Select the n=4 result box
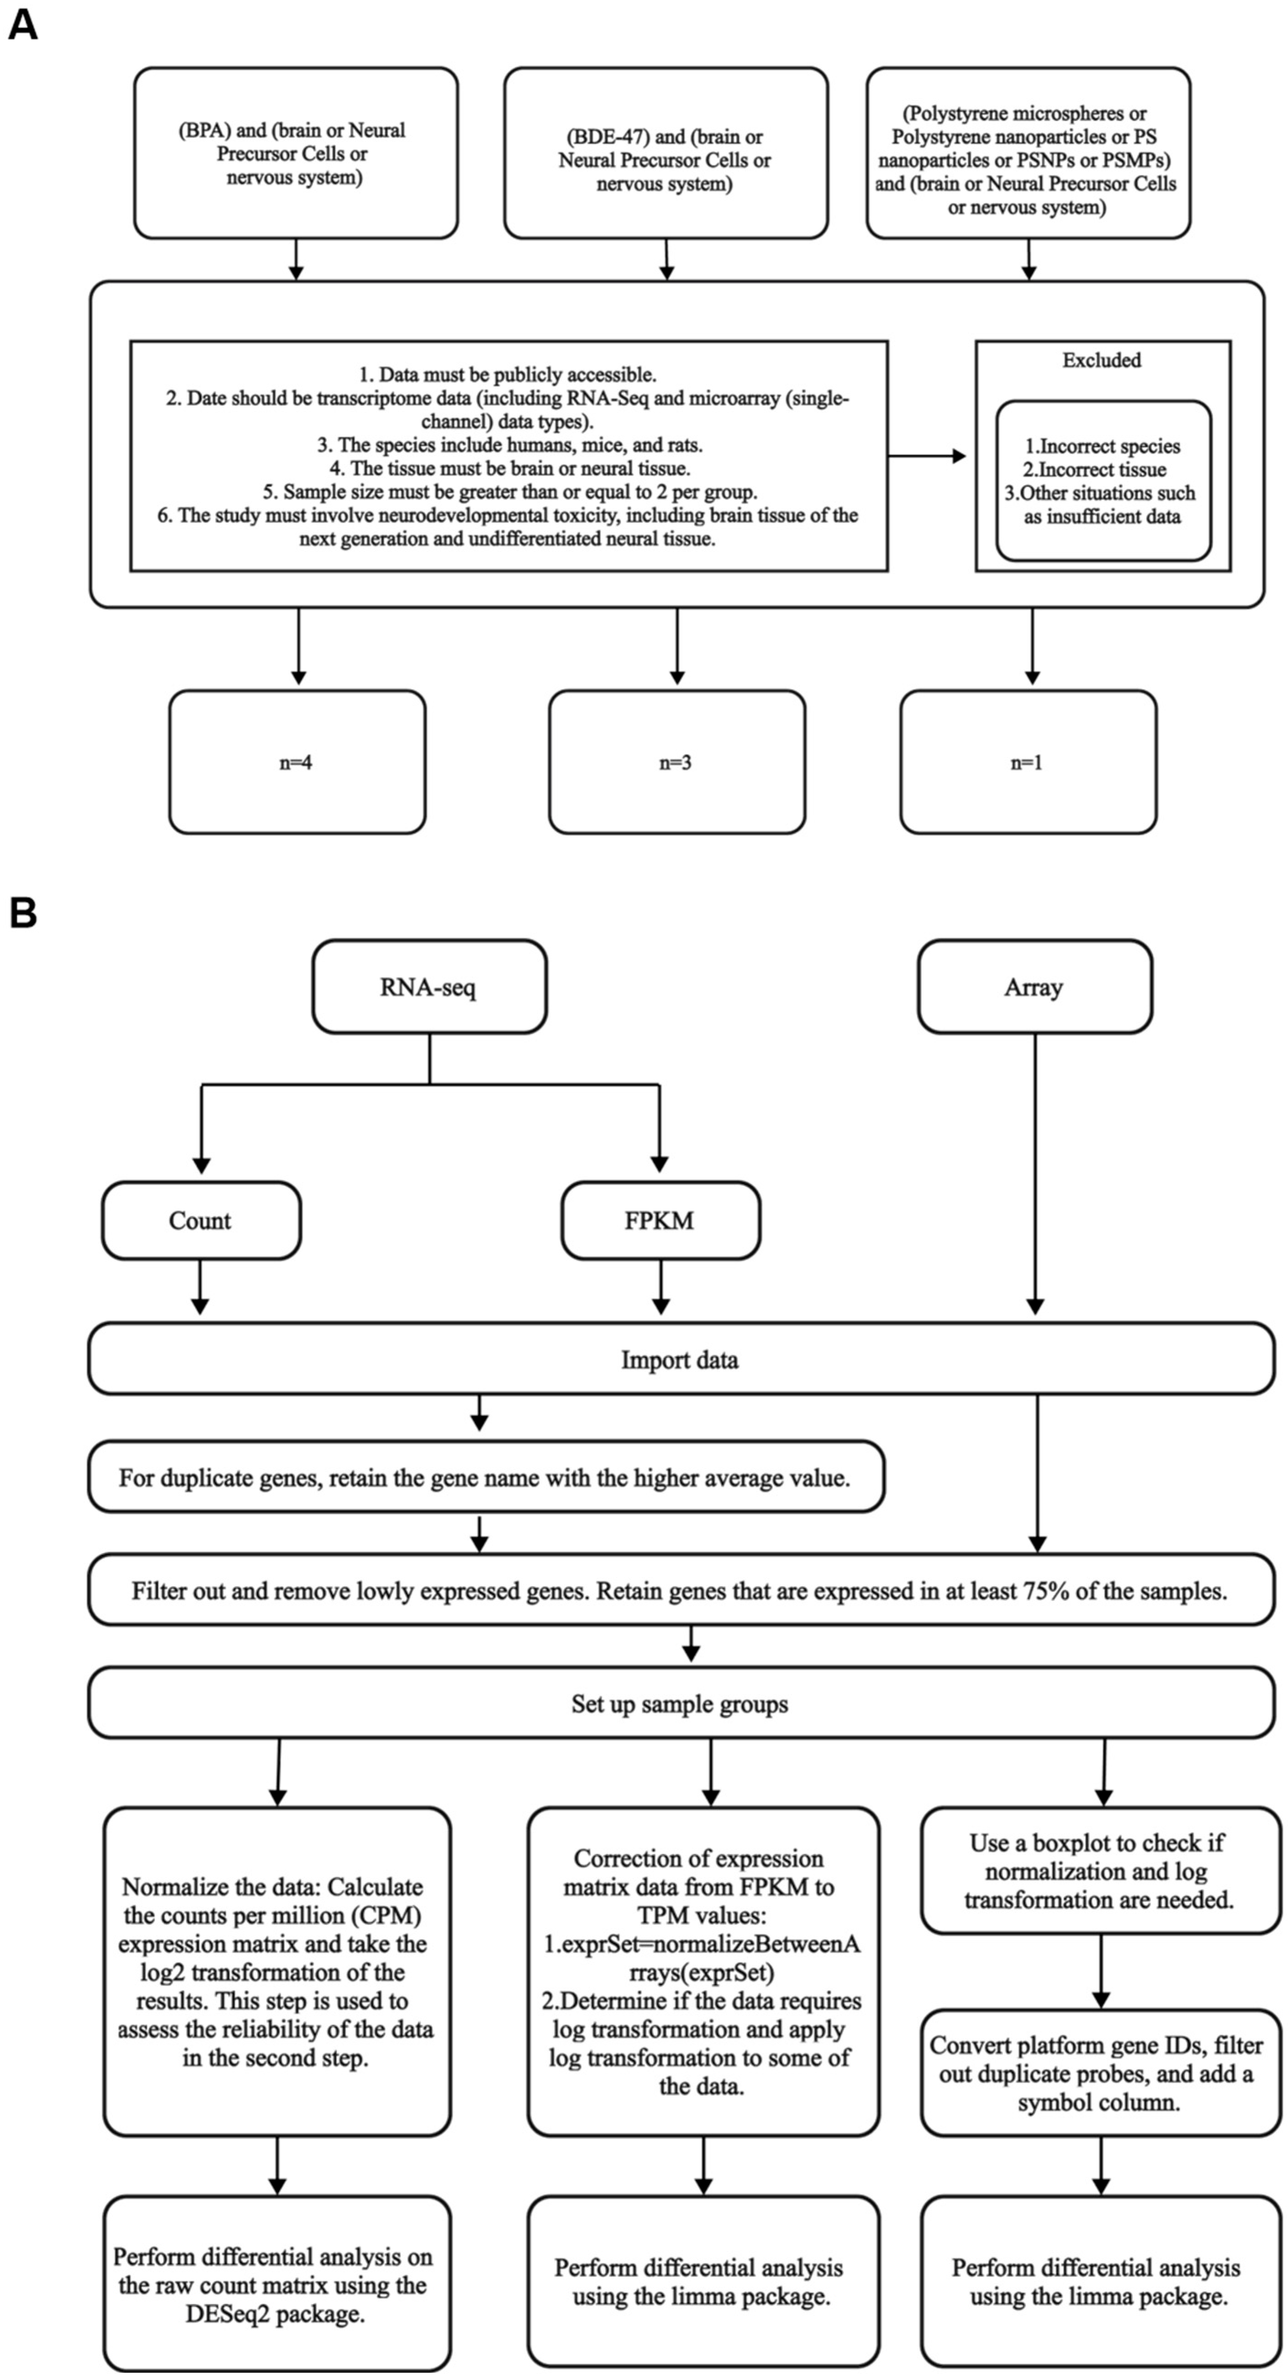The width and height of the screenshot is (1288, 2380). click(296, 762)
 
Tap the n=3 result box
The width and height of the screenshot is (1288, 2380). click(676, 762)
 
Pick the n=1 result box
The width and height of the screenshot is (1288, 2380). click(1028, 762)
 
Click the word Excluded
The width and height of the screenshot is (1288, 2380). click(1101, 360)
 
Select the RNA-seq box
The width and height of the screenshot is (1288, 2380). click(429, 987)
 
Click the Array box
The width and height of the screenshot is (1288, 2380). click(1034, 987)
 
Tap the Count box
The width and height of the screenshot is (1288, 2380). click(201, 1221)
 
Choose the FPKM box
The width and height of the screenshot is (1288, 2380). click(660, 1221)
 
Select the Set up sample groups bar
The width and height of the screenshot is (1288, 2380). click(680, 1704)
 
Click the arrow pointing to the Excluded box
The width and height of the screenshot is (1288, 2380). click(929, 455)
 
